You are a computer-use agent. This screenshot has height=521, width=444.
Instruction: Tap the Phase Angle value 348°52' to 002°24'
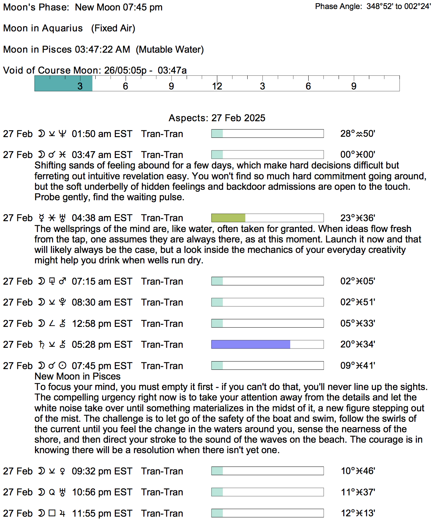click(399, 6)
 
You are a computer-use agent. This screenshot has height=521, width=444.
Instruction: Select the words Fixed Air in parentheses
click(113, 28)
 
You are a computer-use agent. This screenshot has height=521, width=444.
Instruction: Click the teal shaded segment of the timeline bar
click(63, 83)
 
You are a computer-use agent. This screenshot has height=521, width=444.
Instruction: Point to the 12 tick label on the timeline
click(217, 86)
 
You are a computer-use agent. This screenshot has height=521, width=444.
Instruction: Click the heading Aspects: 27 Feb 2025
click(217, 118)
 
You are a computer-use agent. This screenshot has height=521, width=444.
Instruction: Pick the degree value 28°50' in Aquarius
click(358, 134)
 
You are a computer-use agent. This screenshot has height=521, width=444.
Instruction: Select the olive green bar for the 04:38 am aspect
click(228, 218)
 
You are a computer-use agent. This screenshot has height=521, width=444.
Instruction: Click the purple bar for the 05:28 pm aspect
click(251, 345)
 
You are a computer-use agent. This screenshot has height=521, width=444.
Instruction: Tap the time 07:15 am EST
click(102, 281)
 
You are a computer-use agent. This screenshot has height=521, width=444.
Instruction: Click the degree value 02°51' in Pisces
click(358, 302)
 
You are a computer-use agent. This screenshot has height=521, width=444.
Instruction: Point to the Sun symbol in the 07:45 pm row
click(62, 366)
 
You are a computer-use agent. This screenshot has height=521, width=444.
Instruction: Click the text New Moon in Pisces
click(78, 376)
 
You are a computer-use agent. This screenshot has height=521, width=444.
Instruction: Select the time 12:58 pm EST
click(102, 324)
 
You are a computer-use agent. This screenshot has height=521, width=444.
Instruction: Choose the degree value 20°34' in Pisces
click(358, 345)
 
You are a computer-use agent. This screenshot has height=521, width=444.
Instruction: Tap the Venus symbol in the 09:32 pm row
click(62, 471)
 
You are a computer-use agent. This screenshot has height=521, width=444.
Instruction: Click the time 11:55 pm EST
click(102, 513)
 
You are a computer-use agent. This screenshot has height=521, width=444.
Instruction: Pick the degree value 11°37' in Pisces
click(358, 492)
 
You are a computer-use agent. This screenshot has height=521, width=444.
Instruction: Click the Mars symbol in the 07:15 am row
click(62, 281)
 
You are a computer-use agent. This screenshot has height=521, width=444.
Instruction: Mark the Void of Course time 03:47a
click(172, 70)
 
